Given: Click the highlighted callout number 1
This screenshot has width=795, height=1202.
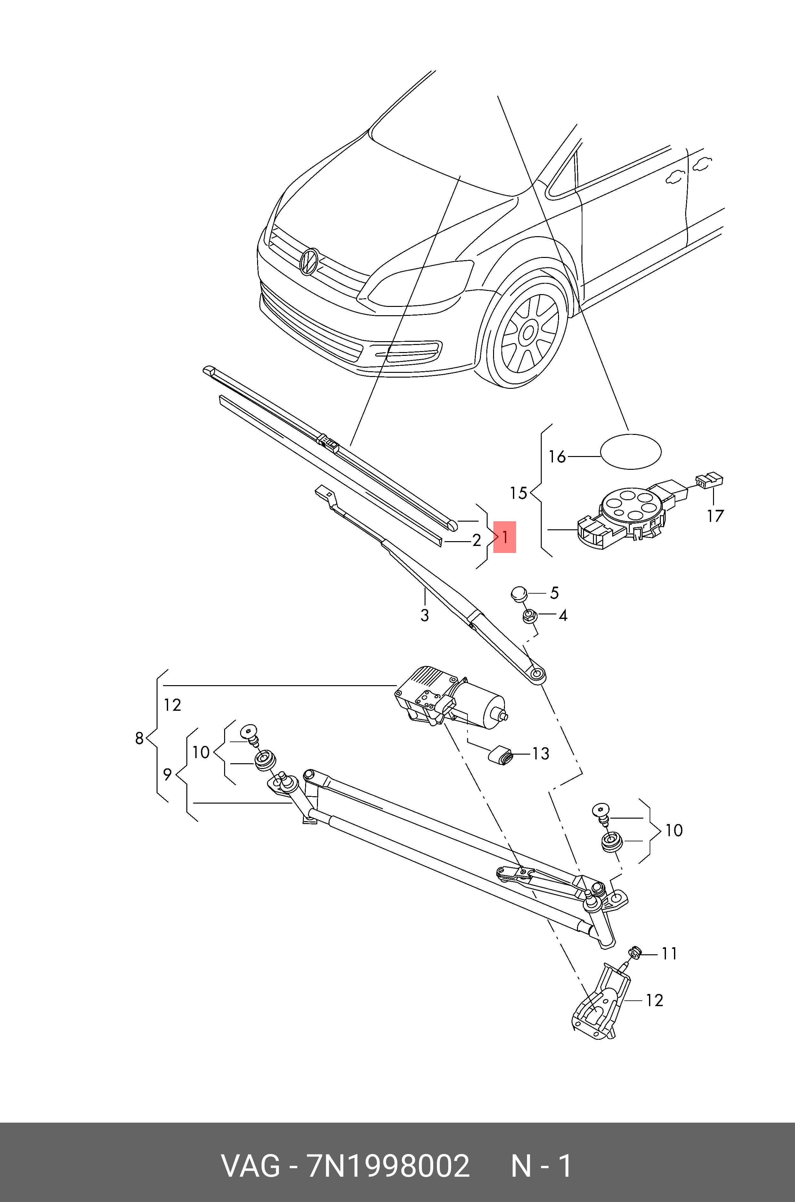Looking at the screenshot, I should pyautogui.click(x=505, y=537).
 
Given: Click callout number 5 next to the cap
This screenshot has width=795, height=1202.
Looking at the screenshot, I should pyautogui.click(x=554, y=593).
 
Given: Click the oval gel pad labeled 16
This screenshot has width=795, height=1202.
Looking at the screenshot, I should pyautogui.click(x=631, y=451).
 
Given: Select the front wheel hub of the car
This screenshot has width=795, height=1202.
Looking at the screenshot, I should pyautogui.click(x=528, y=333).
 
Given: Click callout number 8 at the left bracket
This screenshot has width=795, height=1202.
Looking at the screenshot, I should pyautogui.click(x=139, y=738).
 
